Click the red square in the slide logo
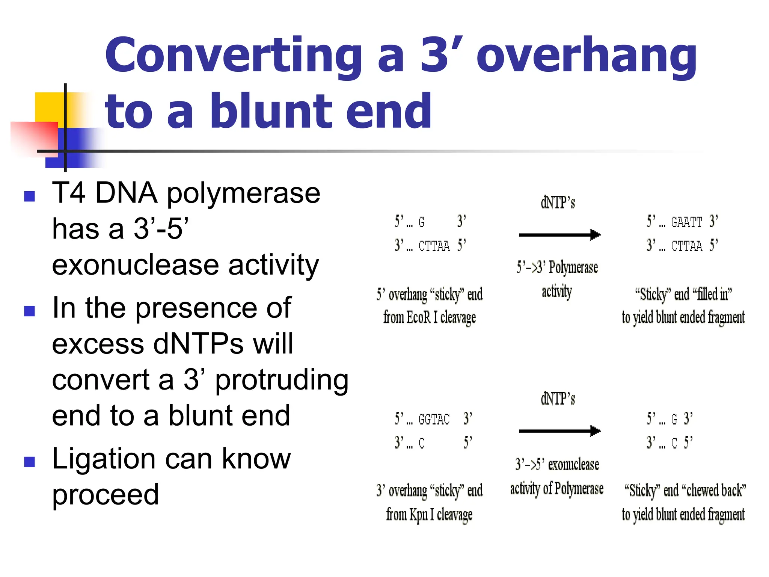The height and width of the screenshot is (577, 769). click(x=34, y=137)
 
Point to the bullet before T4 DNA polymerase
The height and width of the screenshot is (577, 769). click(x=29, y=196)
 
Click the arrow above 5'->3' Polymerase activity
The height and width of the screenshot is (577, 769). click(x=559, y=235)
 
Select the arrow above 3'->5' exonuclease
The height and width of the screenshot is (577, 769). click(x=559, y=431)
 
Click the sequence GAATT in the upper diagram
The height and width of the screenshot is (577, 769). click(x=686, y=222)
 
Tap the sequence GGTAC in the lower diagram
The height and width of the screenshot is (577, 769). click(x=434, y=419)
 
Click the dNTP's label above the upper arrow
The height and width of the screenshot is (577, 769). click(x=558, y=203)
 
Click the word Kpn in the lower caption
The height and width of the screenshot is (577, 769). click(x=418, y=515)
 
